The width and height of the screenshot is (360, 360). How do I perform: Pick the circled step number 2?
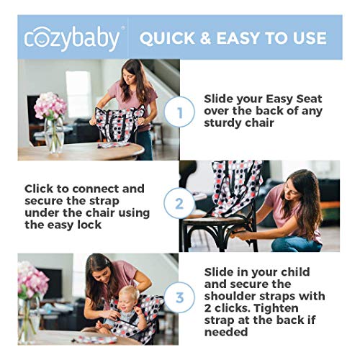180,204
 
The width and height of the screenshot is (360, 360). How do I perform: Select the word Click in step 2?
41,189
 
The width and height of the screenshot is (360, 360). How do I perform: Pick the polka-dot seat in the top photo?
119,127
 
